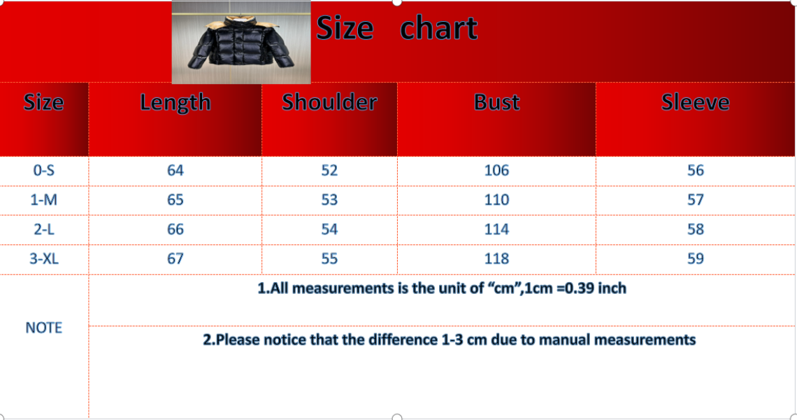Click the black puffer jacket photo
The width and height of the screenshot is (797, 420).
coord(241,42)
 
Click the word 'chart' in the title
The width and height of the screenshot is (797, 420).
coord(438,27)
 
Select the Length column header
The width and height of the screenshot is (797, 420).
coord(175,103)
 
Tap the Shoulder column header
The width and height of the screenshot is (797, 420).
coord(329,102)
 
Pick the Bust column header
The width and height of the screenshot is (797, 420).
coord(496,102)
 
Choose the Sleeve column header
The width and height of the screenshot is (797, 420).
coord(696,102)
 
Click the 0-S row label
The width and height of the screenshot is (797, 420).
coord(44,170)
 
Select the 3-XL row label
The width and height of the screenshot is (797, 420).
coord(44,258)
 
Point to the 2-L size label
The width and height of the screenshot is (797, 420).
coord(44,229)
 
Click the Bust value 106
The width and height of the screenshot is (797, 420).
coord(496,170)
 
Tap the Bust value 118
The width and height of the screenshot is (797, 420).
coord(496,258)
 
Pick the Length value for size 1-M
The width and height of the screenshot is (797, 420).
coord(175,199)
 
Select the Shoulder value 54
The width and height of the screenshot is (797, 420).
coord(329,229)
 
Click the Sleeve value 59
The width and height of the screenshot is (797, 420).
coord(696,258)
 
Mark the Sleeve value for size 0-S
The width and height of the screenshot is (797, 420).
coord(696,170)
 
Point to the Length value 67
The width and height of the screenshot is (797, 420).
coord(175,258)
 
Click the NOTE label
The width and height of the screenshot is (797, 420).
coord(44,328)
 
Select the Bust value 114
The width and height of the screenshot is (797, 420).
coord(496,229)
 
